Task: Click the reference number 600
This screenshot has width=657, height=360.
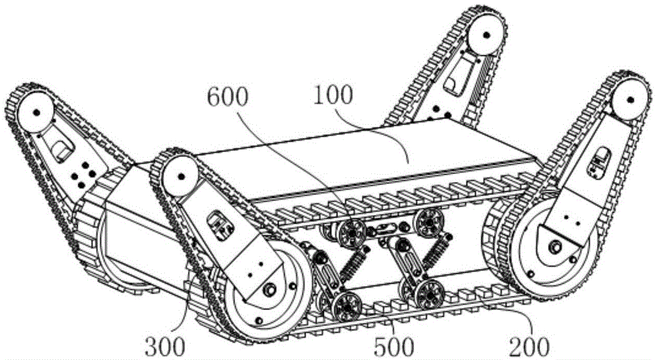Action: (228, 98)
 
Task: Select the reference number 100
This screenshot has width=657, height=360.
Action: (332, 95)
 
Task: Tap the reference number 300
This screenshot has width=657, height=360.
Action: (165, 347)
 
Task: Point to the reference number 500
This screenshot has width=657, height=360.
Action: (394, 347)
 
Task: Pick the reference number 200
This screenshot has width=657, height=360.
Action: (529, 347)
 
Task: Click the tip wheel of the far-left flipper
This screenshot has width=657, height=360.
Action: (36, 112)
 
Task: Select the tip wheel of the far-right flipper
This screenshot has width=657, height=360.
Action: (630, 101)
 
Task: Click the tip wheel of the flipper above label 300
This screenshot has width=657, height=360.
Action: (181, 177)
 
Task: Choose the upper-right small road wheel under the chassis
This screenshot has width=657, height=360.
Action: (428, 220)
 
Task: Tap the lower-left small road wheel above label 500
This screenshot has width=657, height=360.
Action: (348, 306)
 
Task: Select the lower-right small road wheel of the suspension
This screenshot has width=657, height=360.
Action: (428, 294)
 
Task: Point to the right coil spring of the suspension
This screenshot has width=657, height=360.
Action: (436, 253)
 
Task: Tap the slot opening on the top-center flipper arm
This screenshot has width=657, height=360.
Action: (452, 84)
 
